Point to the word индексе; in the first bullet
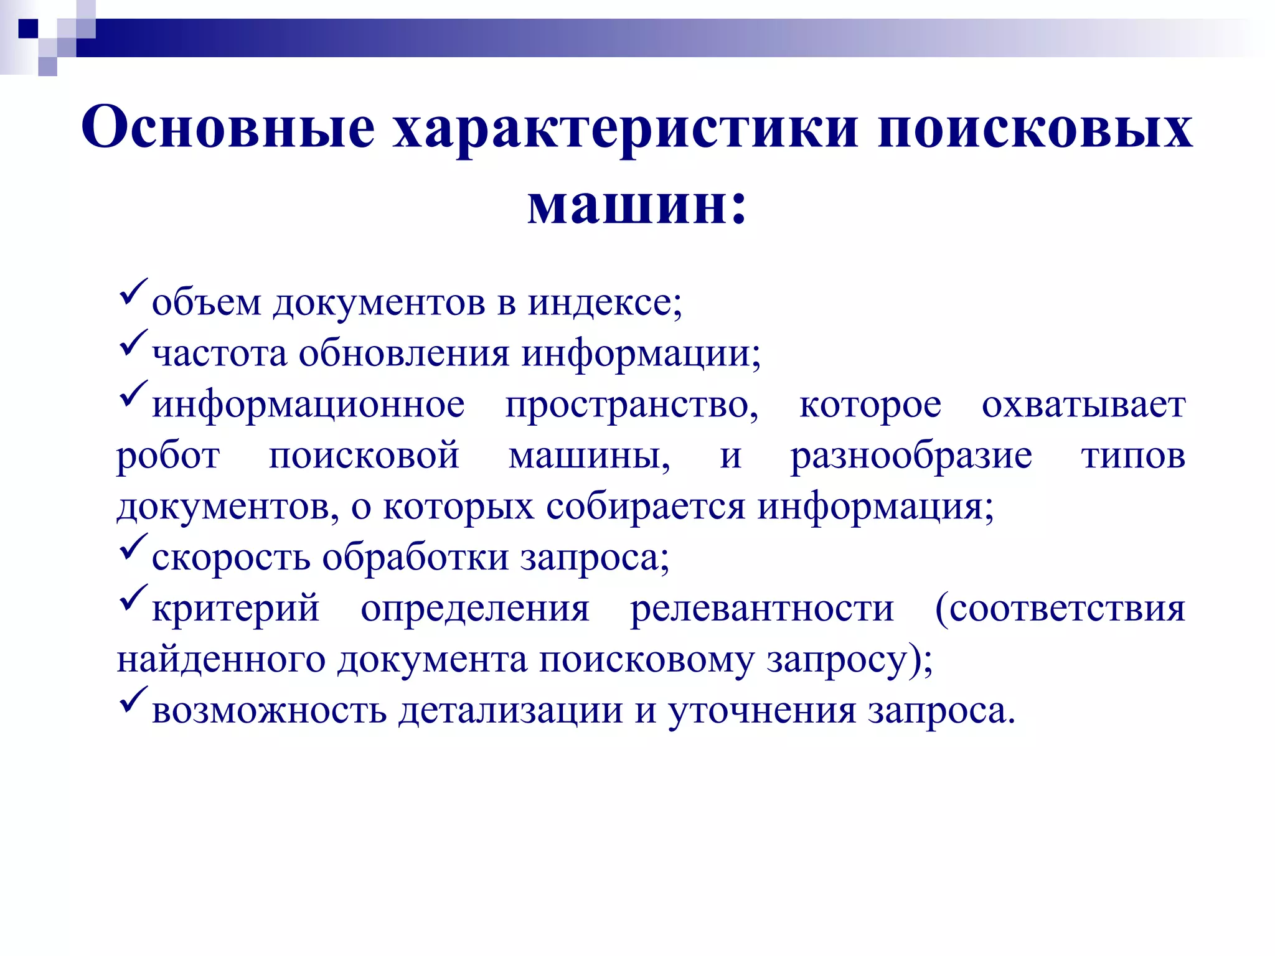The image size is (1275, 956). [x=605, y=303]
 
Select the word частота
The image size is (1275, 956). [x=219, y=354]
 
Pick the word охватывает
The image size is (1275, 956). [x=1083, y=405]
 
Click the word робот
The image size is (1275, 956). [x=168, y=456]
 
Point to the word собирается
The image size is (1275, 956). [x=645, y=507]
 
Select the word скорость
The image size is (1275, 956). [x=231, y=558]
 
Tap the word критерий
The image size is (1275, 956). [x=235, y=609]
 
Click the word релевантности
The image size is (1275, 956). [x=762, y=608]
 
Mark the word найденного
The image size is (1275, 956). [x=221, y=660]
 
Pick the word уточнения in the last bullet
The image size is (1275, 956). [x=762, y=711]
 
